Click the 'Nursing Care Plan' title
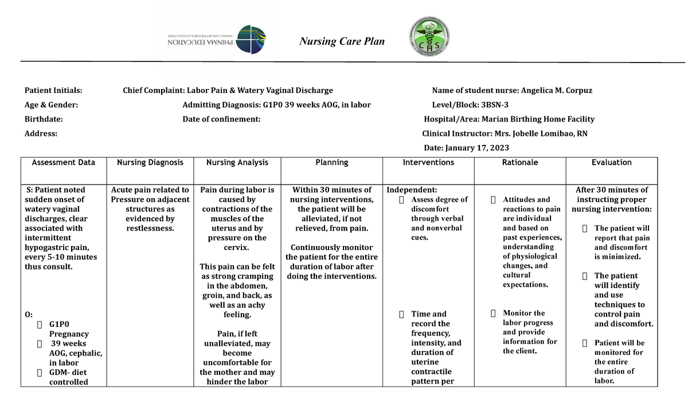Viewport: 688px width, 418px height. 343,41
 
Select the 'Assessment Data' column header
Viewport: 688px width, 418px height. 64,163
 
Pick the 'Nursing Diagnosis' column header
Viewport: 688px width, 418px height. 150,163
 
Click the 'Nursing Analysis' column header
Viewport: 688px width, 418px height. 237,163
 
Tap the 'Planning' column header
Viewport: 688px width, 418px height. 331,163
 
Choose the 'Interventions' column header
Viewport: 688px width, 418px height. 428,163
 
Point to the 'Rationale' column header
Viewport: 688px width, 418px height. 520,163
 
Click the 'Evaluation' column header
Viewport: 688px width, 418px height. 611,163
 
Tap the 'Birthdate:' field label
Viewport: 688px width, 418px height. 44,119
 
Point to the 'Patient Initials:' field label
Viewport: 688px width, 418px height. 53,91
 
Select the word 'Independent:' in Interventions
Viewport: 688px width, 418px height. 412,190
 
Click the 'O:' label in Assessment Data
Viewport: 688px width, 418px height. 29,315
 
